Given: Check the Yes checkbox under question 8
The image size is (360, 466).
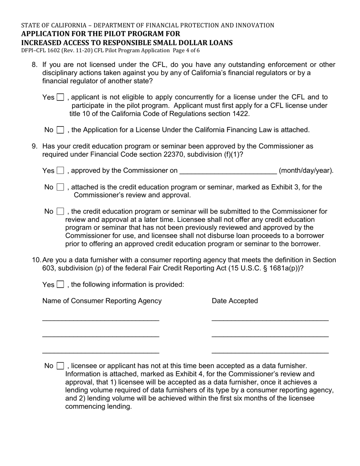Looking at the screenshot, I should (60, 97).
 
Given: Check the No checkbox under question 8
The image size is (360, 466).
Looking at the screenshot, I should (60, 130).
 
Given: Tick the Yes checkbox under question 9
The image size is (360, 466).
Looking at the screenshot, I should (60, 170).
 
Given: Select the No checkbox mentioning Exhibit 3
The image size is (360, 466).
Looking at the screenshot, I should (60, 187).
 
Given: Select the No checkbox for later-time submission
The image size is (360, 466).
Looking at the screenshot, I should (60, 211).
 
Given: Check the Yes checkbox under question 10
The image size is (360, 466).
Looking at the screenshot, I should (60, 285).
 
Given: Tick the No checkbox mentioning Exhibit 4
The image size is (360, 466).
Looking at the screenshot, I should (60, 366).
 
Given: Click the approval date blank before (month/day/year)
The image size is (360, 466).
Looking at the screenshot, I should (228, 170).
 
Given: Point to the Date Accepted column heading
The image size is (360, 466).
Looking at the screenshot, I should (235, 301).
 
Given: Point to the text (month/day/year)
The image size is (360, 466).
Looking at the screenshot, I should (306, 170).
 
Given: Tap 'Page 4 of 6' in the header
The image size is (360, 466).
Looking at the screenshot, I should (186, 50).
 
